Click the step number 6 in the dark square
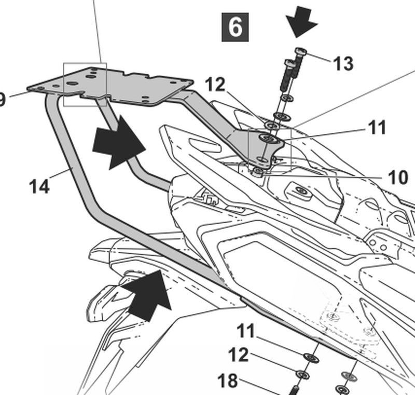pos(235,27)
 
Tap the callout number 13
pos(342,63)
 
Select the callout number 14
pos(39,185)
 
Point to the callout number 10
pos(398,178)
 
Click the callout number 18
pos(227,382)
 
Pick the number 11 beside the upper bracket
pos(377,127)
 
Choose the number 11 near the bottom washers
pos(247,331)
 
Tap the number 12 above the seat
pos(215,85)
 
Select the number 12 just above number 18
pos(238,355)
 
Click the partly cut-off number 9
pos(3,99)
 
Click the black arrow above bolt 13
pos(301,21)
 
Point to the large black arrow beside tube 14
pos(117,143)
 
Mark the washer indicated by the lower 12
pos(303,374)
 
